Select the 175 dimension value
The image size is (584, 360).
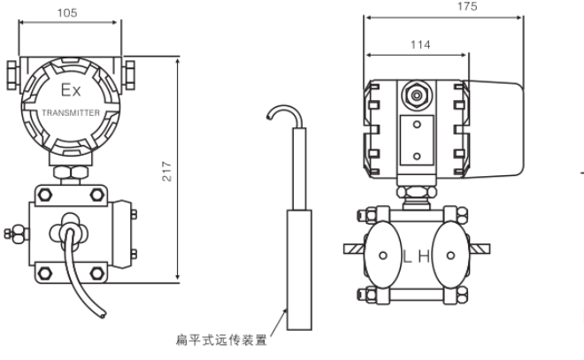[467, 7]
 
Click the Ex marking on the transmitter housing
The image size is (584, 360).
[70, 91]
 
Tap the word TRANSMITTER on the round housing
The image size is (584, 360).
[71, 115]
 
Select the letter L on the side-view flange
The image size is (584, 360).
[409, 256]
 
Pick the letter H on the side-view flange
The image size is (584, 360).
[425, 256]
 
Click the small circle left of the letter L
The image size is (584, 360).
[381, 256]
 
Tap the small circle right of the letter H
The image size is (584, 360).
[451, 256]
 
